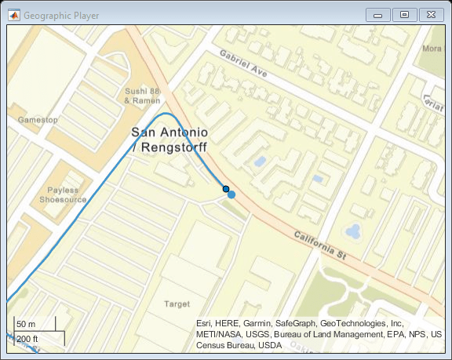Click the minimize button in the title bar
[379, 14]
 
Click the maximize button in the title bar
[404, 14]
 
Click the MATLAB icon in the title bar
[13, 15]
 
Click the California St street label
[320, 245]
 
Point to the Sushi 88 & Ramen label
[143, 95]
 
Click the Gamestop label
[38, 120]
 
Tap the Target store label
[177, 304]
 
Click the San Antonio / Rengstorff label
[169, 138]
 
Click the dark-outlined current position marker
[225, 189]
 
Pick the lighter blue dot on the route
[231, 195]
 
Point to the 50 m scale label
[27, 324]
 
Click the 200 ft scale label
[28, 339]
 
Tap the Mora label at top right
[432, 49]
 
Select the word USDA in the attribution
[269, 345]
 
